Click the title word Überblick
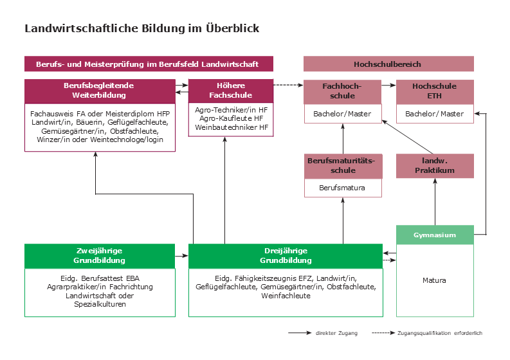[x=232, y=28]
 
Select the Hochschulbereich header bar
[x=388, y=64]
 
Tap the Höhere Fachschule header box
[x=231, y=91]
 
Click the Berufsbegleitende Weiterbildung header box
[x=100, y=91]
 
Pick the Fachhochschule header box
[x=343, y=92]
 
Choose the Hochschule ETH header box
[x=435, y=92]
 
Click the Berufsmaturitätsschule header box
[x=343, y=166]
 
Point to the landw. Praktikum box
[x=435, y=166]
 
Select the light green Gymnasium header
[x=435, y=235]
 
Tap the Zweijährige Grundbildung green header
[x=100, y=256]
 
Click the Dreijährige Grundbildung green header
[x=286, y=256]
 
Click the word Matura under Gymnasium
[x=434, y=280]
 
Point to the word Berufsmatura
[x=342, y=188]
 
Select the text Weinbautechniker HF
[x=232, y=127]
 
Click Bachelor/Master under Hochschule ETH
[x=434, y=114]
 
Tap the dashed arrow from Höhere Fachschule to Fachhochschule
[x=288, y=85]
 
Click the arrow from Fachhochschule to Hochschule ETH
[x=388, y=85]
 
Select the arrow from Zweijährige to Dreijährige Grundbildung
[x=181, y=256]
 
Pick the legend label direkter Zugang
[x=336, y=333]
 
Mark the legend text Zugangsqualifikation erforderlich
[x=440, y=333]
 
